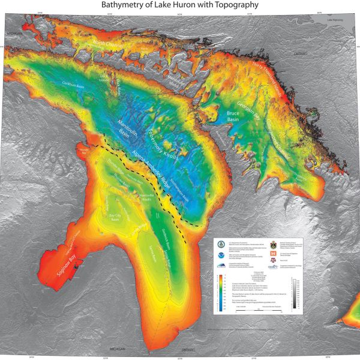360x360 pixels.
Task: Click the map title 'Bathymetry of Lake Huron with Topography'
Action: pos(180,5)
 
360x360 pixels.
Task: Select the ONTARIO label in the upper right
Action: pos(298,53)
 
